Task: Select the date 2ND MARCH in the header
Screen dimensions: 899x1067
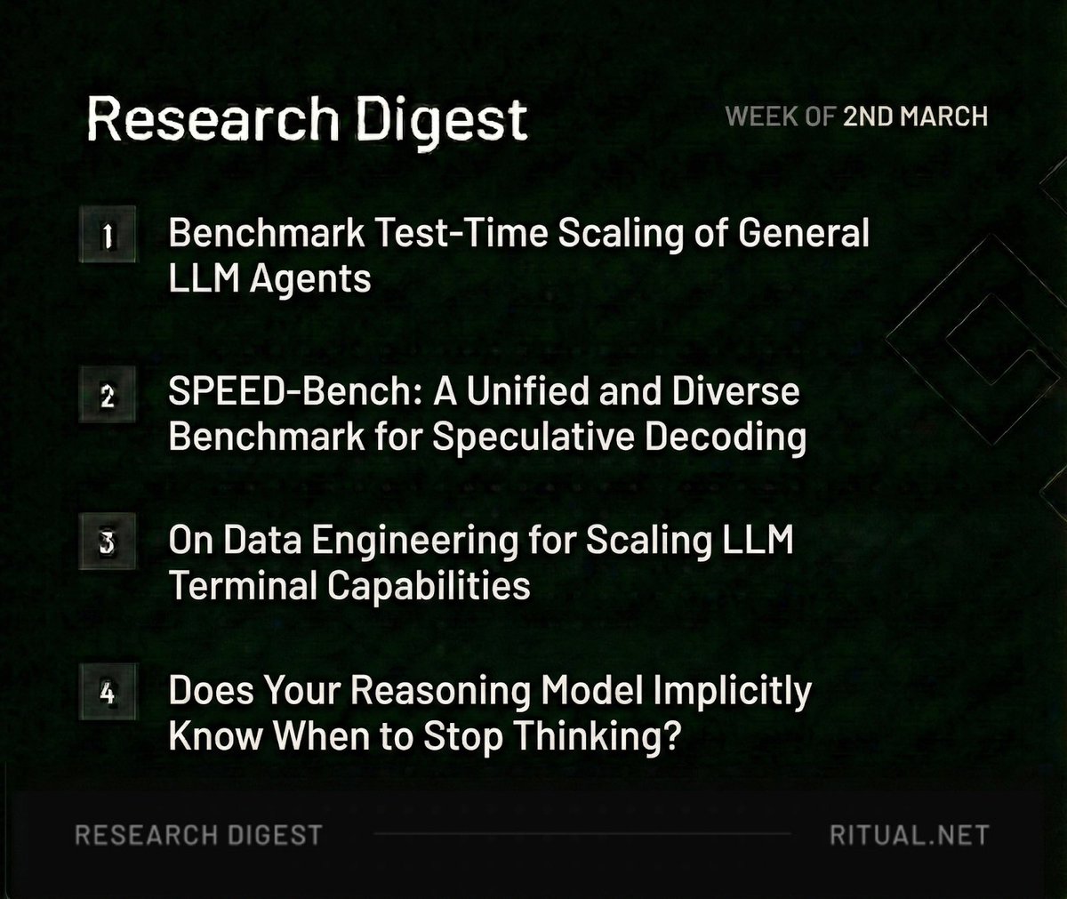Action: pyautogui.click(x=915, y=116)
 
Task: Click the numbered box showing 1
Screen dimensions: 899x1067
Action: pyautogui.click(x=107, y=237)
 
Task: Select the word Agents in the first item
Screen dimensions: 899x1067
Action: pyautogui.click(x=309, y=280)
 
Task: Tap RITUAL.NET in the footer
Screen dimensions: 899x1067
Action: pyautogui.click(x=909, y=835)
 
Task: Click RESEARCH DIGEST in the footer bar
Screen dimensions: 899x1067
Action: pyautogui.click(x=198, y=835)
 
